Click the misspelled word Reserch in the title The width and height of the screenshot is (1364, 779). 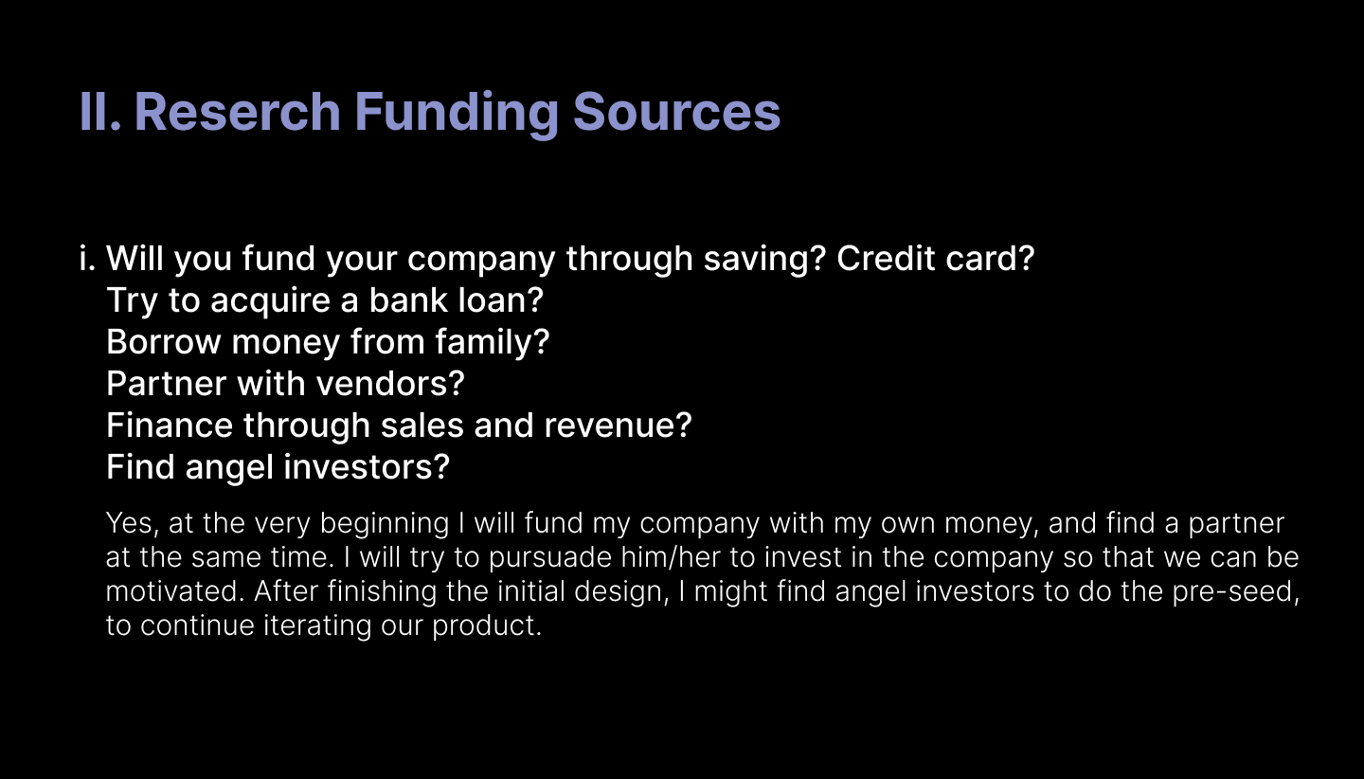(237, 111)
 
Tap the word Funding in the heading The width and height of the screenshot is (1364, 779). (457, 115)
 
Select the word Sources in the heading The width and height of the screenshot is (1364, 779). (676, 112)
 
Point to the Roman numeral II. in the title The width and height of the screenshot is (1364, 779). (100, 111)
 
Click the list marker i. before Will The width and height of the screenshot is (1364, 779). (88, 259)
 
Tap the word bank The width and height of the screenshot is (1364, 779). (408, 299)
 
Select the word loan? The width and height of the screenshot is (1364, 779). (500, 299)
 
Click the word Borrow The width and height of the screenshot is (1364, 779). (164, 342)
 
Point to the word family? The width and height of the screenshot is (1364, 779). (492, 342)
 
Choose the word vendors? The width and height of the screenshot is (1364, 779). (390, 384)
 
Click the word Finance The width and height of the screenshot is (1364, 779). (170, 426)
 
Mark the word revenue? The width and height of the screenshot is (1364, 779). (618, 426)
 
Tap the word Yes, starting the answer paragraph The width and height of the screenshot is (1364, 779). (133, 523)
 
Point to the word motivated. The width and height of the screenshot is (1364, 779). (174, 591)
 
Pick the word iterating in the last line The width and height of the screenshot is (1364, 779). (316, 625)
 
